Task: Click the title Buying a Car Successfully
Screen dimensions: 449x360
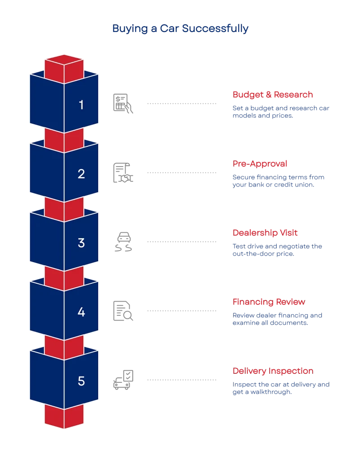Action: tap(180, 29)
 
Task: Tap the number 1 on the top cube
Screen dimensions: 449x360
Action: tap(81, 105)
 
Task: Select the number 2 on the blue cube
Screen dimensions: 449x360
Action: tap(81, 174)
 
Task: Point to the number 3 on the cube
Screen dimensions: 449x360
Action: tap(81, 243)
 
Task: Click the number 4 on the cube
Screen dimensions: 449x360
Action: tap(81, 312)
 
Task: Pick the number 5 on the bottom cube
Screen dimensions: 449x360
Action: tap(81, 381)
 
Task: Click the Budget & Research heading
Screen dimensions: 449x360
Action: tap(272, 95)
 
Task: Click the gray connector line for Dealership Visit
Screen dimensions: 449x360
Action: tap(181, 241)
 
